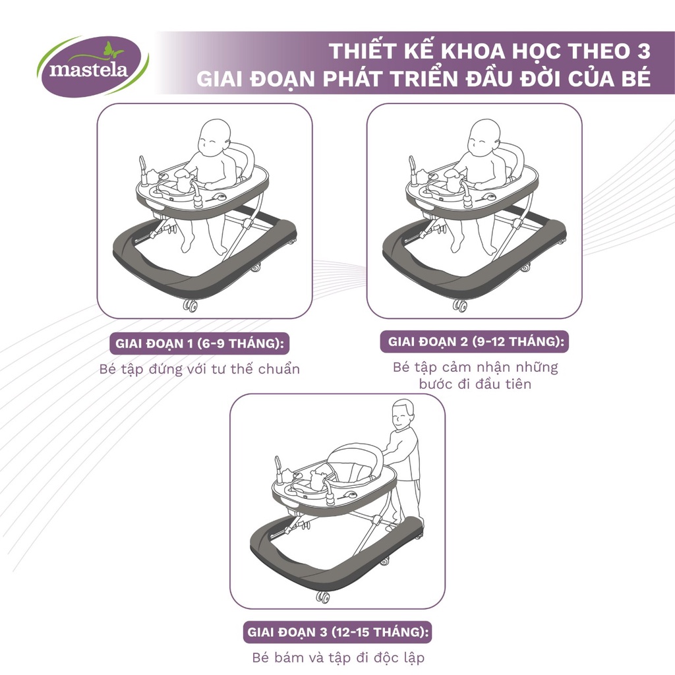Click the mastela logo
(92, 66)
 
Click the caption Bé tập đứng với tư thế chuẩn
(198, 368)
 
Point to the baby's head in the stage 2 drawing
(484, 136)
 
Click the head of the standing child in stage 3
(402, 415)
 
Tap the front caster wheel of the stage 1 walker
(191, 306)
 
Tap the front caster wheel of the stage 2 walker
(460, 306)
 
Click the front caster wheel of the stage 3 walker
(322, 596)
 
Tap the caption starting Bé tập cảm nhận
(475, 375)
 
